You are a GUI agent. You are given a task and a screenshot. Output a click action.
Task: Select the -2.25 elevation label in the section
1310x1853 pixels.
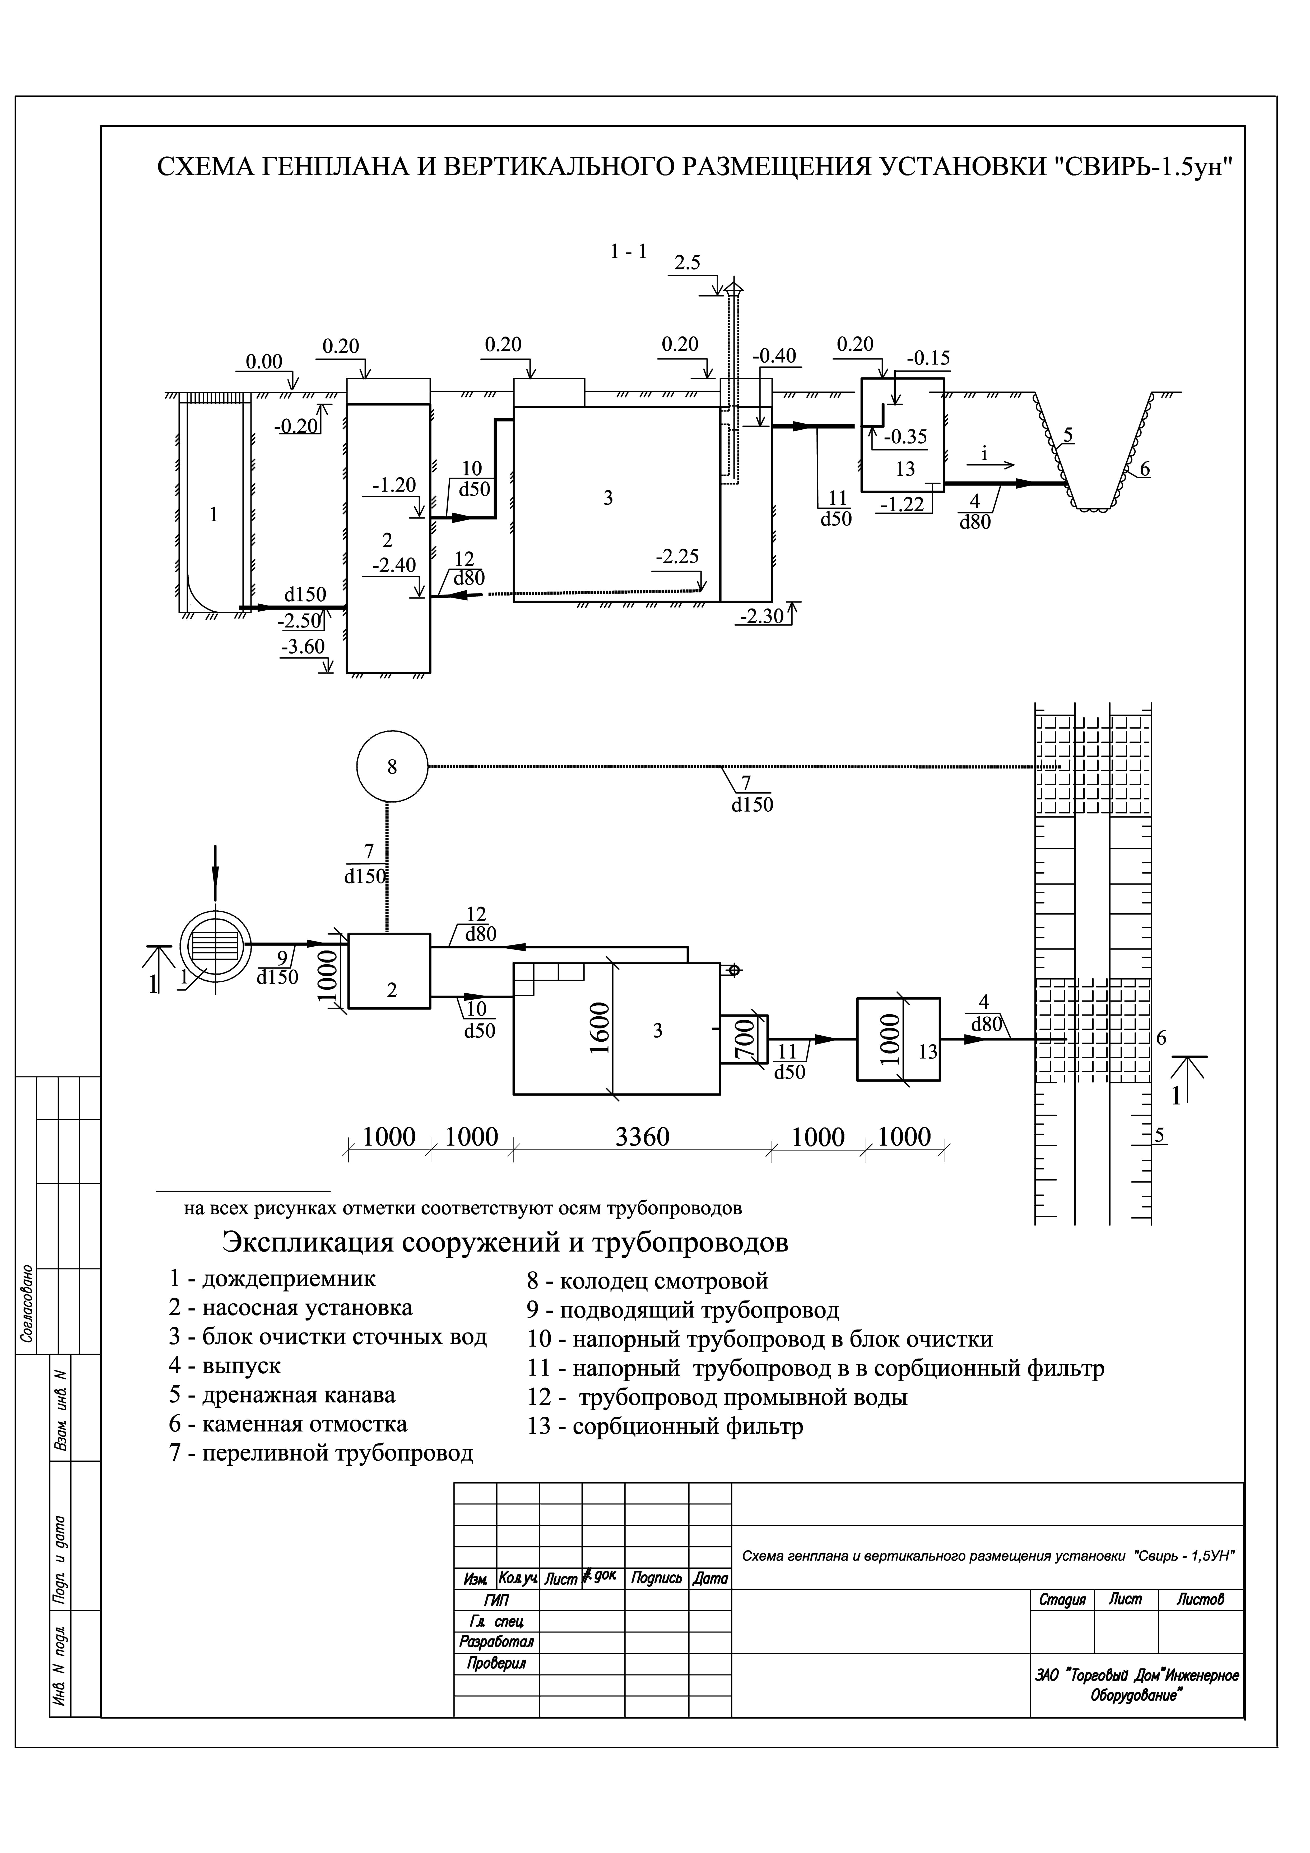(x=677, y=557)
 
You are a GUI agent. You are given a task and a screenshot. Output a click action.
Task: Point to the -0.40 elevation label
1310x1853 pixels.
(x=774, y=356)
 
